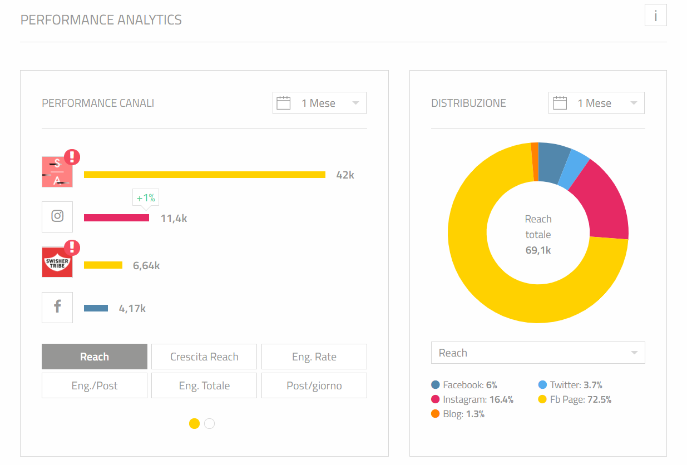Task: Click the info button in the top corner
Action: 655,16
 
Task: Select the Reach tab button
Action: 95,357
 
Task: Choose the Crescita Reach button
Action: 204,357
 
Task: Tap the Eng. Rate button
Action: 314,357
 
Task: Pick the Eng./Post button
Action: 95,385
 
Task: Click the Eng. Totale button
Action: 204,385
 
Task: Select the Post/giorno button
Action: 314,385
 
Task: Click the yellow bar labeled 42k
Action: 204,175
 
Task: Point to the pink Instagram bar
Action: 116,218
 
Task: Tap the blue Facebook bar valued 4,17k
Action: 96,308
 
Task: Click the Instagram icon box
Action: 57,217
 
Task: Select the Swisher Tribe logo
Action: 57,263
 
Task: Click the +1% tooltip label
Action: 146,198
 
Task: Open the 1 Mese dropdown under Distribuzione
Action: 596,103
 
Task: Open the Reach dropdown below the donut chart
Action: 538,353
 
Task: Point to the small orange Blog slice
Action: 535,161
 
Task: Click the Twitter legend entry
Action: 570,385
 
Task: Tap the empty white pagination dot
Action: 209,424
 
